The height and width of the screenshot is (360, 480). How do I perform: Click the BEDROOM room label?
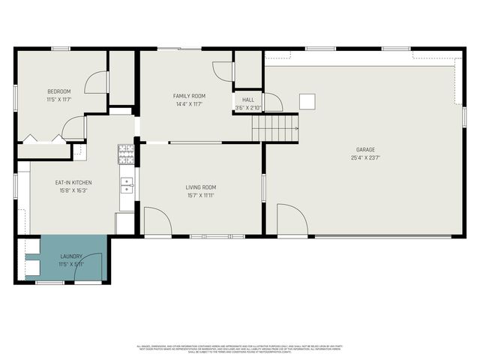[58, 91]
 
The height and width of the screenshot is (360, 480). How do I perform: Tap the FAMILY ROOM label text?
[190, 96]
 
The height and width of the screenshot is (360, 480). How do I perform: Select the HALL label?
[248, 100]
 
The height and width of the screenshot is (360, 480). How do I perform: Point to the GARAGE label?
[365, 149]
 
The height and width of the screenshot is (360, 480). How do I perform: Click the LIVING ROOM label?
[201, 187]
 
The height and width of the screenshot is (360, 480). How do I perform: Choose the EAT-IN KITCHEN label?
[73, 182]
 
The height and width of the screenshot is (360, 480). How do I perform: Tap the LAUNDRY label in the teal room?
[71, 257]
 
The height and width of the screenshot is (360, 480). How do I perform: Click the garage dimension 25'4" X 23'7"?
[365, 157]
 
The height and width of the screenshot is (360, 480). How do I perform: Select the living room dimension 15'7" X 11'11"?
[201, 196]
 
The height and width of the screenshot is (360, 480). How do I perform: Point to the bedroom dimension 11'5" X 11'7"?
[58, 99]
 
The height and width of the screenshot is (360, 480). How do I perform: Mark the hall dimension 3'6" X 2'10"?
[248, 108]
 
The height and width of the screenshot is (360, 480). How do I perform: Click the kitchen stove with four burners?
[125, 154]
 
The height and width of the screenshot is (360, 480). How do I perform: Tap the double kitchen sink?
[126, 185]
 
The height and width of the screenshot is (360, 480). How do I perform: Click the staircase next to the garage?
[274, 128]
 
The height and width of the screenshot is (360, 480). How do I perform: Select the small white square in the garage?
[307, 101]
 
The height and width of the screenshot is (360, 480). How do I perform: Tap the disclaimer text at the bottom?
[240, 348]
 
